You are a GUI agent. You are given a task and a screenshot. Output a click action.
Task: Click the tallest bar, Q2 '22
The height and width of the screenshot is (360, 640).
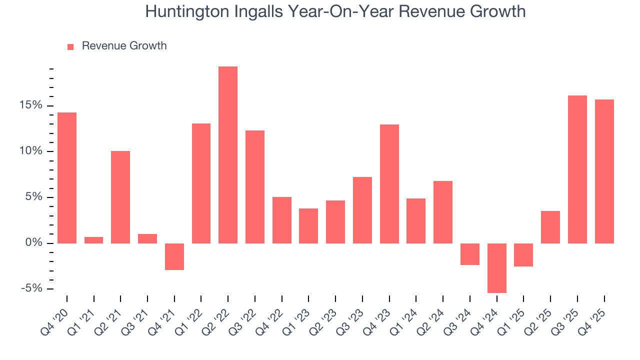pos(228,155)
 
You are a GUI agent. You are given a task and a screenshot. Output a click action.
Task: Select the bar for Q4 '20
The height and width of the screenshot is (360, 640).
pos(67,178)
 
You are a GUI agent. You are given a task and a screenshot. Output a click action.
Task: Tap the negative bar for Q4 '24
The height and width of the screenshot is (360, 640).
pos(496,268)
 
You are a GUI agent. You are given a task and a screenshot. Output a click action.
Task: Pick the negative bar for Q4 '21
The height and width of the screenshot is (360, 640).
pos(174,256)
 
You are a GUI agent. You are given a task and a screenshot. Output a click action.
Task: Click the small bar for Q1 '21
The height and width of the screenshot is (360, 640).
pos(94,240)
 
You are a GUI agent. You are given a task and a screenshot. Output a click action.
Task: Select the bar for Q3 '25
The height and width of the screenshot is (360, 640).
pos(577,169)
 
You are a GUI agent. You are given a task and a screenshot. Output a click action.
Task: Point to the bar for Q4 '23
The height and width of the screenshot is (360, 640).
pos(389,184)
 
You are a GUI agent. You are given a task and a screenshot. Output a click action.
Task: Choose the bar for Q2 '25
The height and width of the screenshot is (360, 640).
pos(550,227)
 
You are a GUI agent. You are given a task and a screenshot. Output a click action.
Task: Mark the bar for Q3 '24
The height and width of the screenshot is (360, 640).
pos(470,254)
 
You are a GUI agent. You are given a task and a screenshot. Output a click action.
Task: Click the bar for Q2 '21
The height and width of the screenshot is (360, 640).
pos(120,197)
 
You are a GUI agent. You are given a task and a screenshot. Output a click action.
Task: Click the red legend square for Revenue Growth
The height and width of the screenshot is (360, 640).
pos(70,46)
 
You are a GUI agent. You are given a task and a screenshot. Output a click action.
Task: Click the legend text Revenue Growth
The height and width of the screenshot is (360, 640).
pos(124,46)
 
